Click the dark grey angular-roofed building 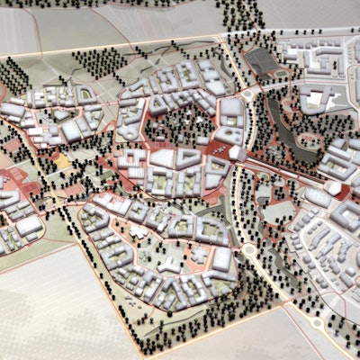(260, 60)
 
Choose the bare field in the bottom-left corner (45, 306)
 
